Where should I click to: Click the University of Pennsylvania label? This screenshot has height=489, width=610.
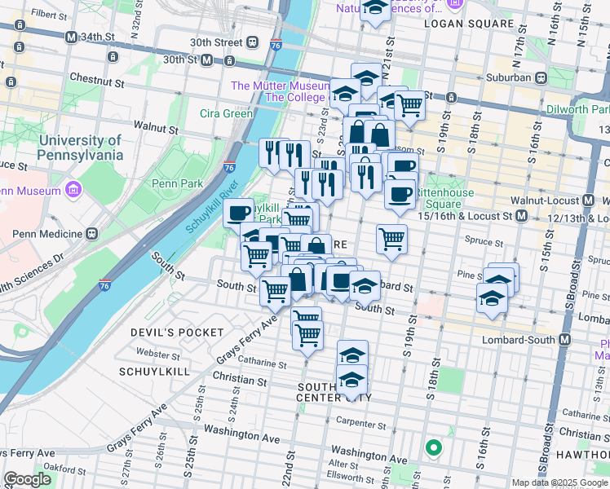tap(80, 148)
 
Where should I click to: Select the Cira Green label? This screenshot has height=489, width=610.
tap(227, 113)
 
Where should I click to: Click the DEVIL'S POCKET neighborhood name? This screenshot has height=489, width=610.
tap(177, 333)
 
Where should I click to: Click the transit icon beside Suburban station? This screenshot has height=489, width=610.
tap(539, 77)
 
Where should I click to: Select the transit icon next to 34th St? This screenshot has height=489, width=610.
tap(72, 37)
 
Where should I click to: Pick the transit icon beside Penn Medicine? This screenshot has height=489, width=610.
tap(91, 234)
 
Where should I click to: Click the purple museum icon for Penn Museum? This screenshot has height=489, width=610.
tap(74, 191)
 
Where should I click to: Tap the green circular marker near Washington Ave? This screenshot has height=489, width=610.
tap(433, 447)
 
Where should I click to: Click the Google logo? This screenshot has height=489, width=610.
tap(28, 479)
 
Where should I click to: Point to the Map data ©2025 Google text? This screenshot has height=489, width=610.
tap(559, 482)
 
